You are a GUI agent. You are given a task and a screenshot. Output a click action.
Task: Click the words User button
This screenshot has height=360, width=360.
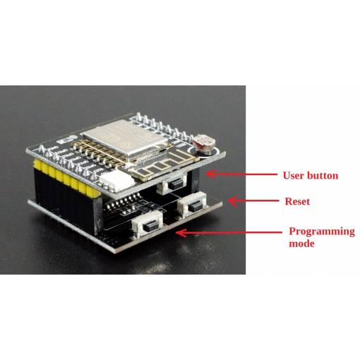tap(311, 176)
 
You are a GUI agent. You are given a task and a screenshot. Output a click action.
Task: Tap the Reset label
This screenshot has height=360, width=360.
tap(297, 201)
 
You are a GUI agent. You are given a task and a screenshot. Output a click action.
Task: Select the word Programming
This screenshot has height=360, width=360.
tap(322, 232)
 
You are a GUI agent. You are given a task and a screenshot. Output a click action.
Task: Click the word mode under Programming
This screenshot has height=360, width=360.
tap(301, 244)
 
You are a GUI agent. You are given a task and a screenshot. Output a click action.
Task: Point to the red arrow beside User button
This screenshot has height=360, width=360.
tap(241, 174)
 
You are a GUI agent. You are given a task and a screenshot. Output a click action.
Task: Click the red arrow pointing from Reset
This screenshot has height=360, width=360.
tap(253, 200)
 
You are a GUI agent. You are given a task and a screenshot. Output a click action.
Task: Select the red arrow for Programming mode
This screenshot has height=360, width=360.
tap(229, 232)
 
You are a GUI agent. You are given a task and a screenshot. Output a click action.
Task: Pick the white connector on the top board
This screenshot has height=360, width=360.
tap(116, 181)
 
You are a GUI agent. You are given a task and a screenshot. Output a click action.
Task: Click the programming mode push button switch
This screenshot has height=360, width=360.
tap(148, 224)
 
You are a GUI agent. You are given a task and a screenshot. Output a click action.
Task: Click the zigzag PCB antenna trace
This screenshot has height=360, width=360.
tap(162, 164)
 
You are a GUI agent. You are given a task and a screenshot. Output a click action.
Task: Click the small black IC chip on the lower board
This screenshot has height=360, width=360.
tap(122, 205)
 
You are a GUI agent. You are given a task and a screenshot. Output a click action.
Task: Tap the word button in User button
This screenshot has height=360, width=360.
tap(323, 176)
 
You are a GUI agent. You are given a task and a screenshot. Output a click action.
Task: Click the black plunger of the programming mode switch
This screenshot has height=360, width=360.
tap(150, 228)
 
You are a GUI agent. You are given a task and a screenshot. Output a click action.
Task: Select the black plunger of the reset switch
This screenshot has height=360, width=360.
tap(195, 208)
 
